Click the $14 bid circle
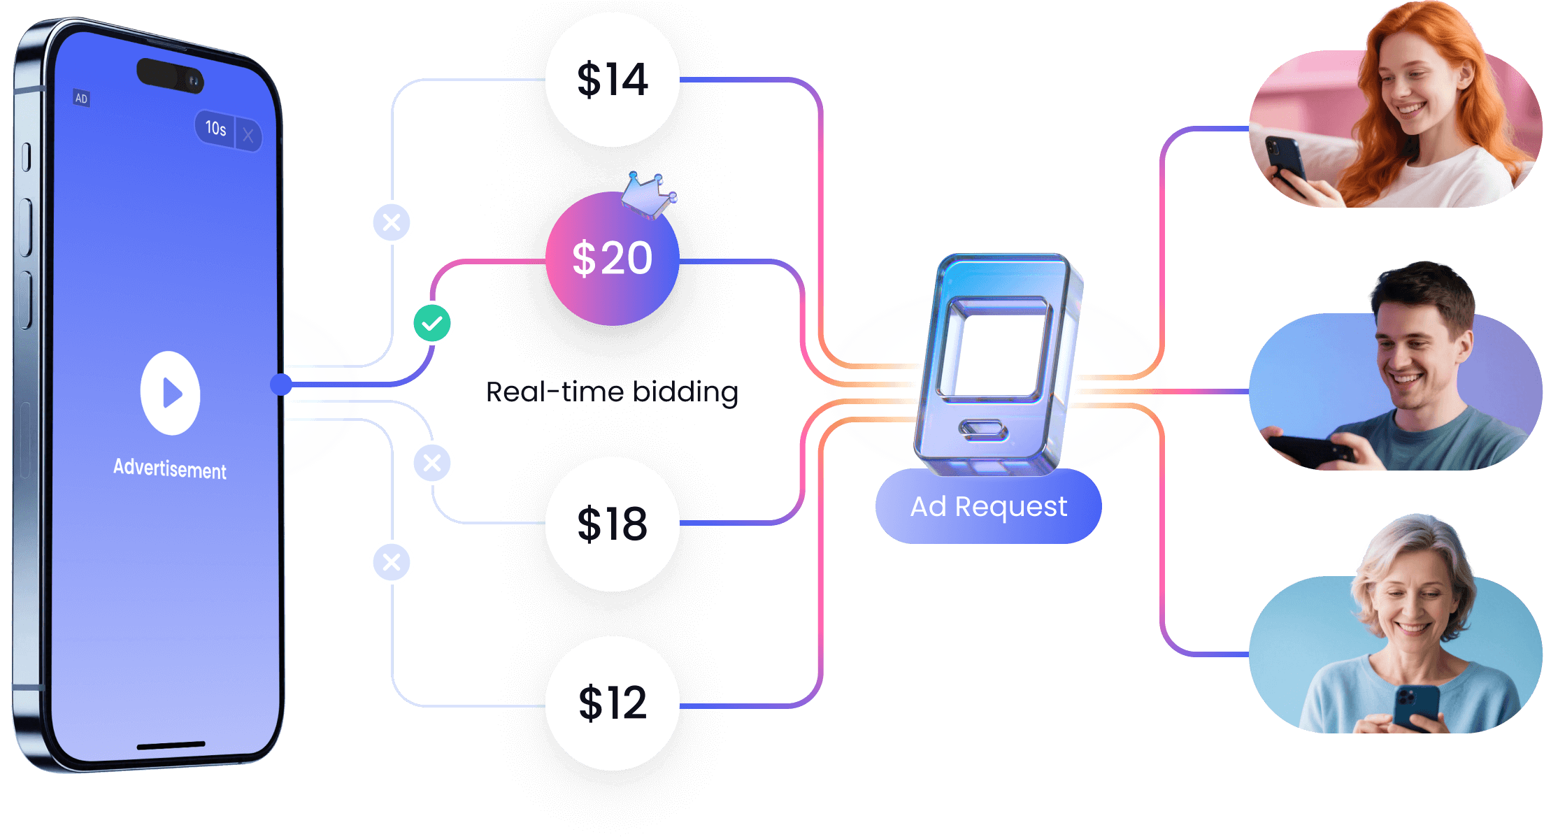(612, 80)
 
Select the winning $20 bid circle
(612, 259)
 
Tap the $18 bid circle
(612, 524)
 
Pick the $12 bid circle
(612, 703)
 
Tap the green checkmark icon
(432, 323)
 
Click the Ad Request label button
(988, 506)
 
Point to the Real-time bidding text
(612, 392)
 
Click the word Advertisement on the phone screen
(170, 468)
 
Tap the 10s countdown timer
(215, 128)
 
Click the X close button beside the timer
(248, 135)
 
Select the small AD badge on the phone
(82, 99)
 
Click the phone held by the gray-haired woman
(1416, 706)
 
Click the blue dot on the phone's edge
(281, 384)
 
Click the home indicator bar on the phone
(171, 745)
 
